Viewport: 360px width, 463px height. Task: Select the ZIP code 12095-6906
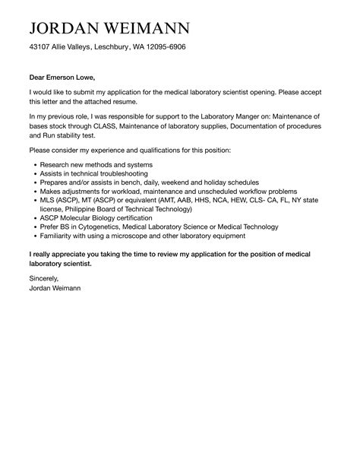(x=164, y=47)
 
